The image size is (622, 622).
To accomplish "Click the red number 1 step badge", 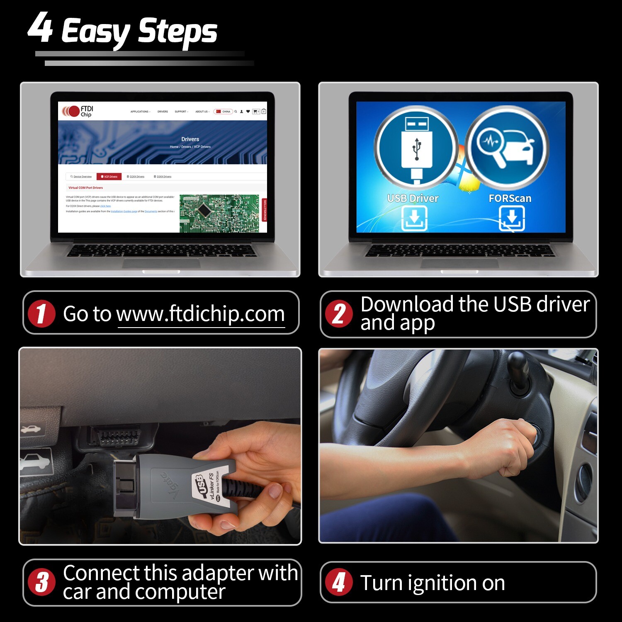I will click(41, 313).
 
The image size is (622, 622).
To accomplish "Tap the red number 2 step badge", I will click(339, 314).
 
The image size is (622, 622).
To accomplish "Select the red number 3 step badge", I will click(41, 582).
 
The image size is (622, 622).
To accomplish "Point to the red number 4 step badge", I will click(339, 582).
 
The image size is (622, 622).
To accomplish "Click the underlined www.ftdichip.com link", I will click(201, 314).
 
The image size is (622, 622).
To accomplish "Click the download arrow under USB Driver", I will click(414, 218).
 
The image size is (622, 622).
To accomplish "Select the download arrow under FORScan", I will click(512, 218).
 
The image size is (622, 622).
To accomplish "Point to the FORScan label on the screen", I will click(510, 199).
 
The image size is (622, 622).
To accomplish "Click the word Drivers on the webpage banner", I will click(190, 139).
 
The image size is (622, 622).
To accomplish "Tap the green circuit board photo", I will click(219, 213).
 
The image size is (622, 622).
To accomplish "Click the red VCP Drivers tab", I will click(109, 177).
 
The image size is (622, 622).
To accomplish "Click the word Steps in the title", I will click(177, 32).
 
